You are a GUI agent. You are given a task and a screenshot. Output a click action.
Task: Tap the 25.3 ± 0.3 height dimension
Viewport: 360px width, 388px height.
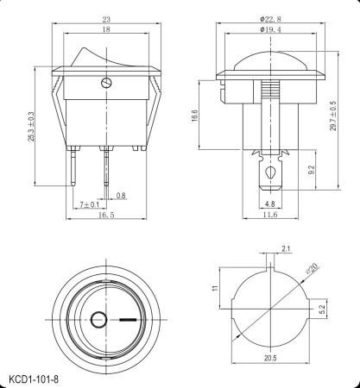tap(34, 127)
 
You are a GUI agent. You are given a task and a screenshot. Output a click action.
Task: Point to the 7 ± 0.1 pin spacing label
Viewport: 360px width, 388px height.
tap(90, 204)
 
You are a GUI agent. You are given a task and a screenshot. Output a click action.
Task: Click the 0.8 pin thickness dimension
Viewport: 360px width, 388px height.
tap(121, 195)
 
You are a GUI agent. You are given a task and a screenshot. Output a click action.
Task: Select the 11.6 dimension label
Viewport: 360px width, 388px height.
tap(270, 216)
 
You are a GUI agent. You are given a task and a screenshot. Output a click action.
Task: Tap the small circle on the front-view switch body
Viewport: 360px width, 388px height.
tap(105, 84)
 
